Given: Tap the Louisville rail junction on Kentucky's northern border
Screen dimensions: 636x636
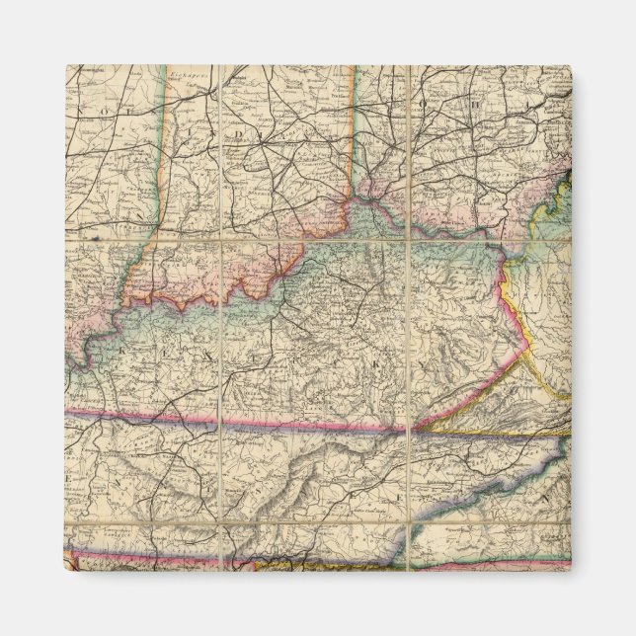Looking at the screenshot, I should click(286, 259).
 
